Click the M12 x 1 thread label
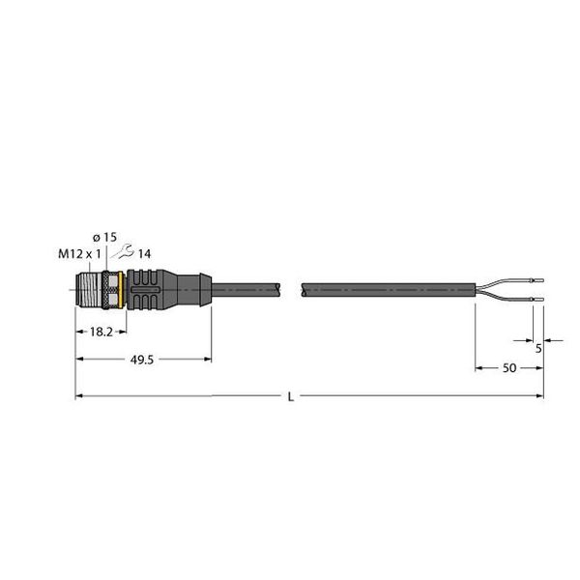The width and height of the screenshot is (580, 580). [81, 254]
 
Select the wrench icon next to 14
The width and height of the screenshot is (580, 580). [123, 254]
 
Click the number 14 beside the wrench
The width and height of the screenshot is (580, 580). [142, 254]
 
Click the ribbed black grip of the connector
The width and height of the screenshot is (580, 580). [155, 287]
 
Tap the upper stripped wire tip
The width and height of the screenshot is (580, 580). [538, 280]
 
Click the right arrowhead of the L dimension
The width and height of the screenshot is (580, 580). [539, 395]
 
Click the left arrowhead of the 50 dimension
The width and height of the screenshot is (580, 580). [478, 368]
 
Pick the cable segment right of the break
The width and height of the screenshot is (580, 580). [387, 287]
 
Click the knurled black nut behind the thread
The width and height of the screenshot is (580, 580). [112, 287]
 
